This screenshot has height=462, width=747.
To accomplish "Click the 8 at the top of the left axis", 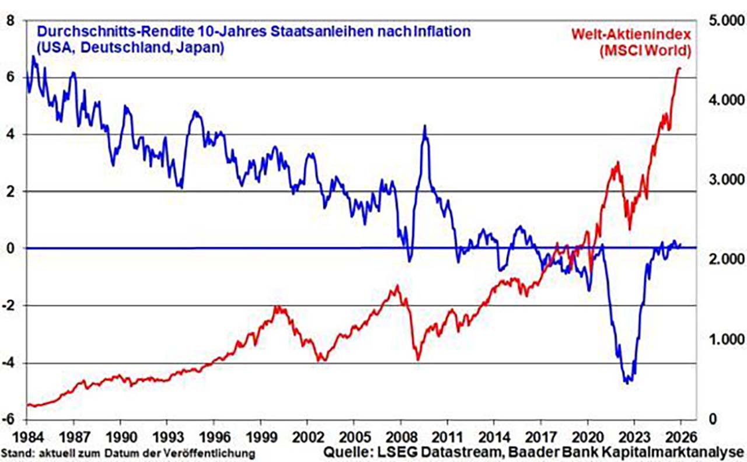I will tap(11, 21).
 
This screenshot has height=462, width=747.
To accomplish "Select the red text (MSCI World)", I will tap(645, 51).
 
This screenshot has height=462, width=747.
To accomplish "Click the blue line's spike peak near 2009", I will tap(425, 126).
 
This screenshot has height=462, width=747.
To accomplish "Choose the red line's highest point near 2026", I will tap(679, 68).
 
